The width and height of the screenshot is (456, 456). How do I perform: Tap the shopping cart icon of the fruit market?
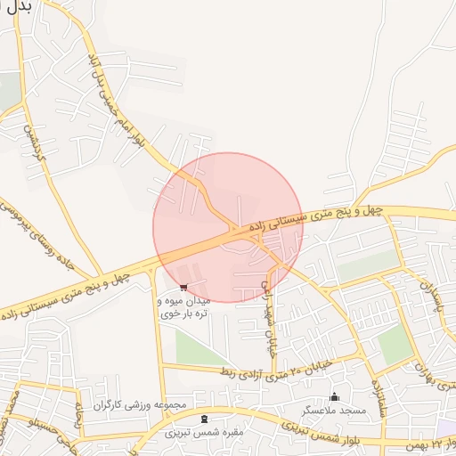[183, 287]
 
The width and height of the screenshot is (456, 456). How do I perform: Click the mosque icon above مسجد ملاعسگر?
[335, 396]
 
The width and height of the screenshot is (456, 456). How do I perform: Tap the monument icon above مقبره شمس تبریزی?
[205, 419]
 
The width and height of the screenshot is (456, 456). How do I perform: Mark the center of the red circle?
[228, 227]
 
